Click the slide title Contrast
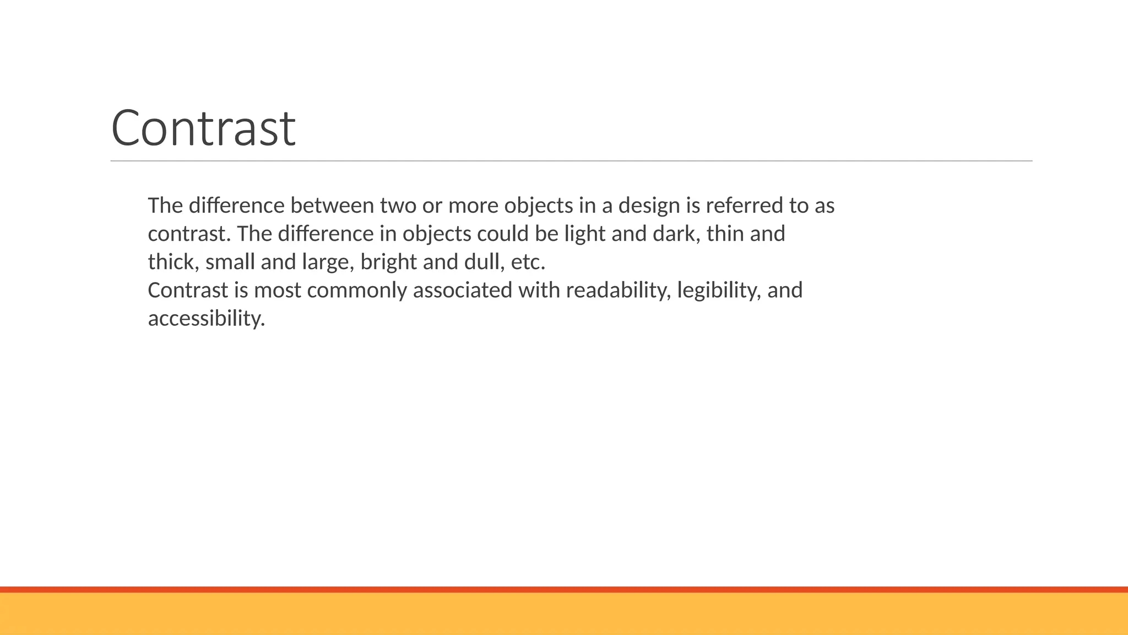click(x=203, y=128)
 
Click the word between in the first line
click(x=332, y=206)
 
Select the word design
click(x=649, y=206)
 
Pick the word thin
click(x=725, y=234)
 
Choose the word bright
click(x=389, y=262)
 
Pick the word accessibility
click(x=207, y=319)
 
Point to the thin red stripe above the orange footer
click(x=564, y=589)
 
